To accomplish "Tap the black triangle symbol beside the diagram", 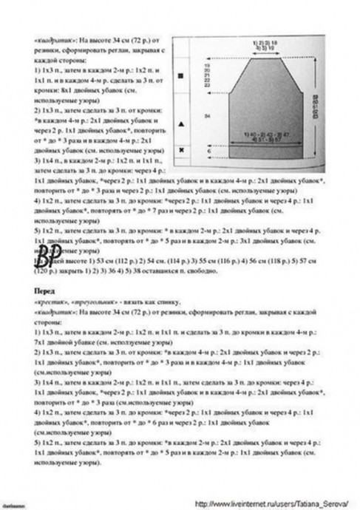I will point(180,120).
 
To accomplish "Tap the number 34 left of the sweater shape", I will point(206,116).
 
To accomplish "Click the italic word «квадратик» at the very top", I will point(53,37).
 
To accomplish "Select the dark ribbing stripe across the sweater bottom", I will point(259,152).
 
